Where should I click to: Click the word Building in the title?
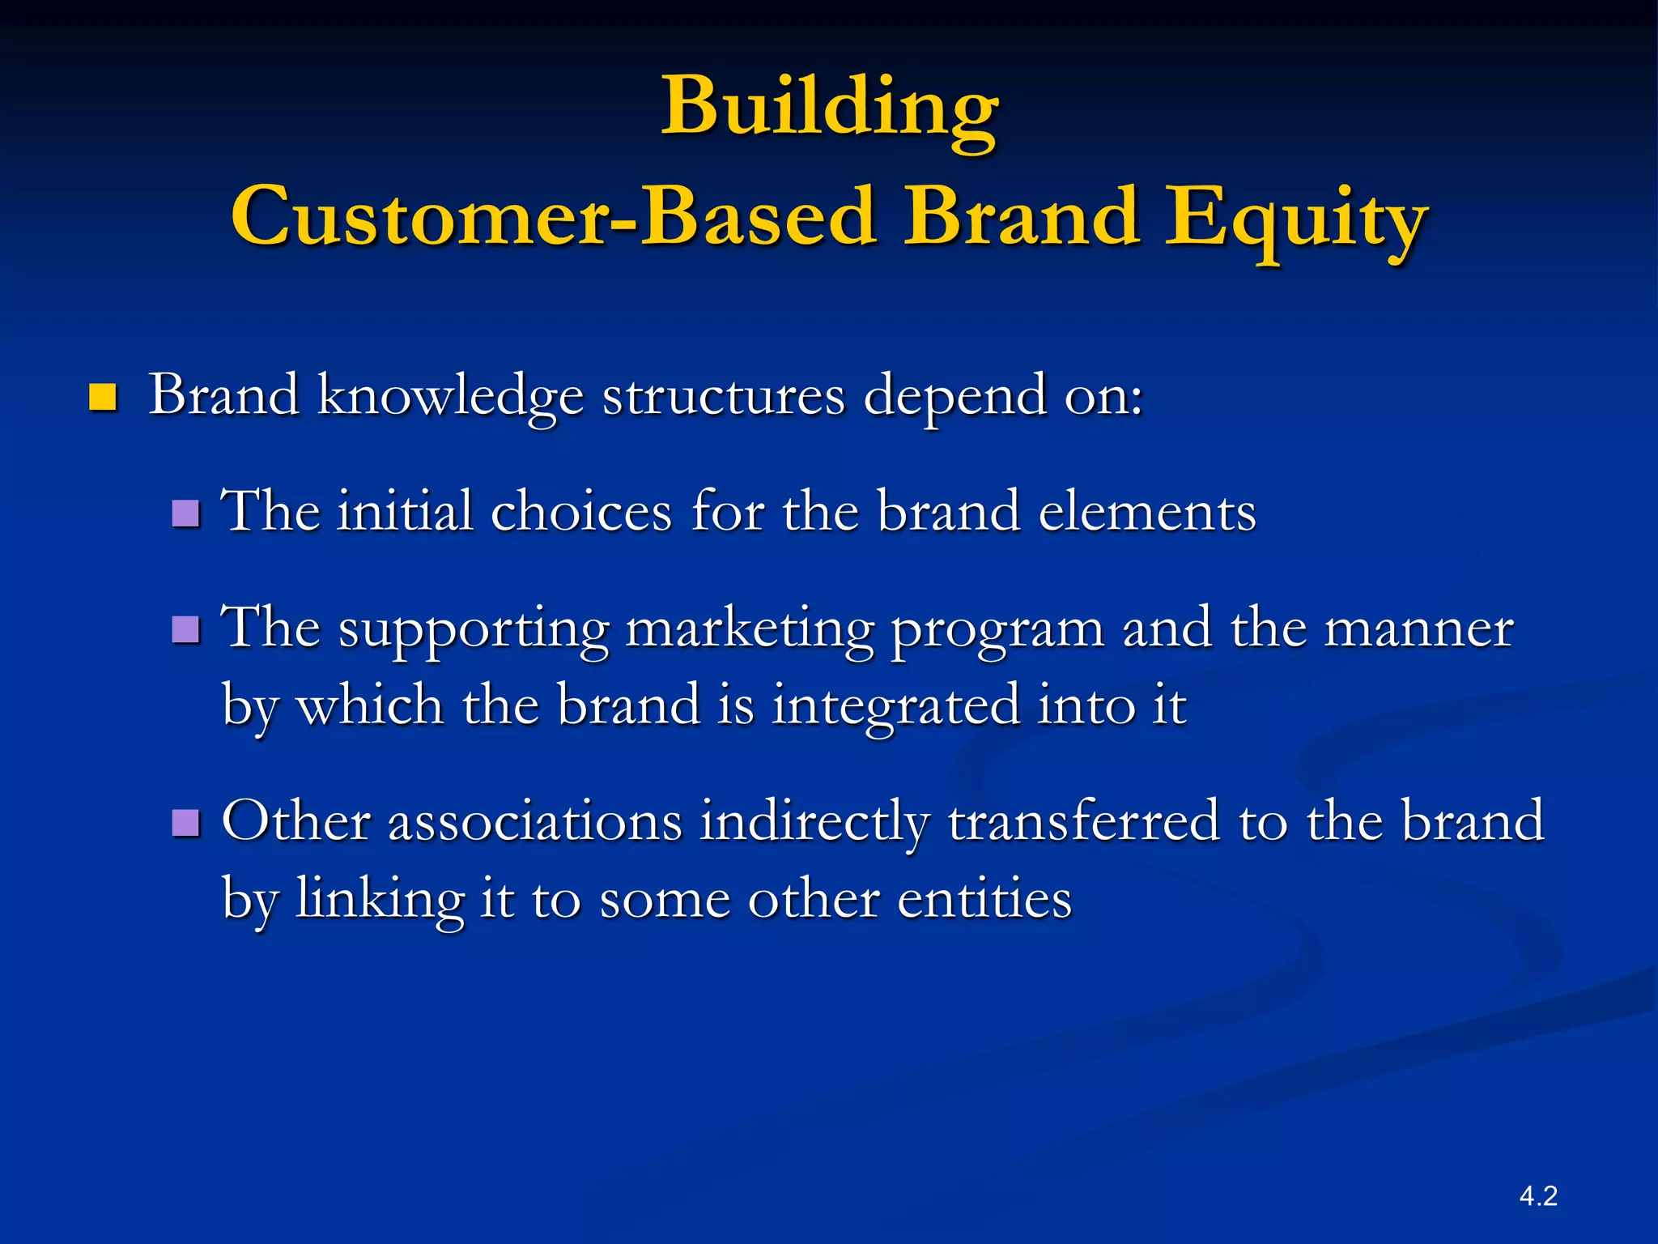(x=830, y=108)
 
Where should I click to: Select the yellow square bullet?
(x=103, y=398)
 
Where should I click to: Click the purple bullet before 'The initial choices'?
(x=186, y=513)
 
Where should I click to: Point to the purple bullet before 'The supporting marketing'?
(x=186, y=629)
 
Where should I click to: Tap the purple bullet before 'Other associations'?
(x=186, y=823)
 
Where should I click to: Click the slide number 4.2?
(x=1538, y=1196)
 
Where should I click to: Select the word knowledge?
(x=450, y=397)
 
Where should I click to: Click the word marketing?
(x=749, y=630)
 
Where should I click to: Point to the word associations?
(x=534, y=821)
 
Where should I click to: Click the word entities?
(x=984, y=899)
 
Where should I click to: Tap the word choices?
(x=581, y=513)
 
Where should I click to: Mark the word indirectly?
(x=814, y=821)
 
